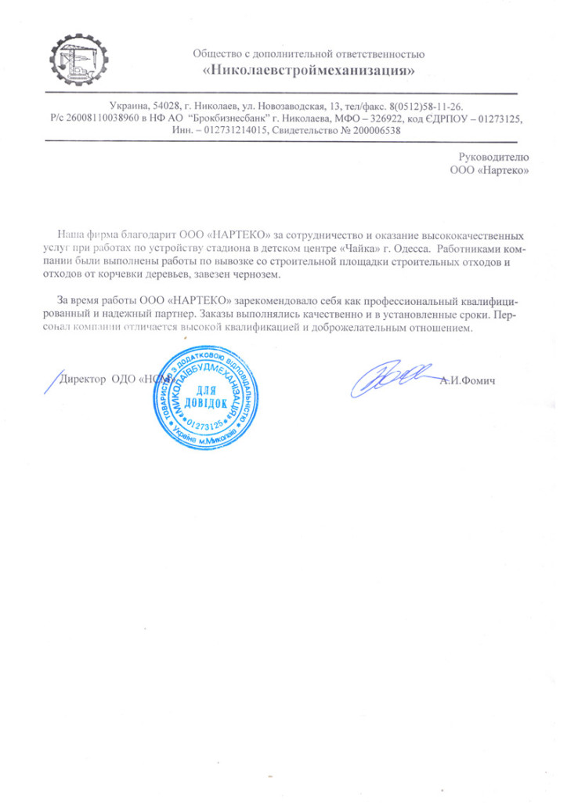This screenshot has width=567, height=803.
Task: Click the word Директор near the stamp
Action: (x=84, y=379)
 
